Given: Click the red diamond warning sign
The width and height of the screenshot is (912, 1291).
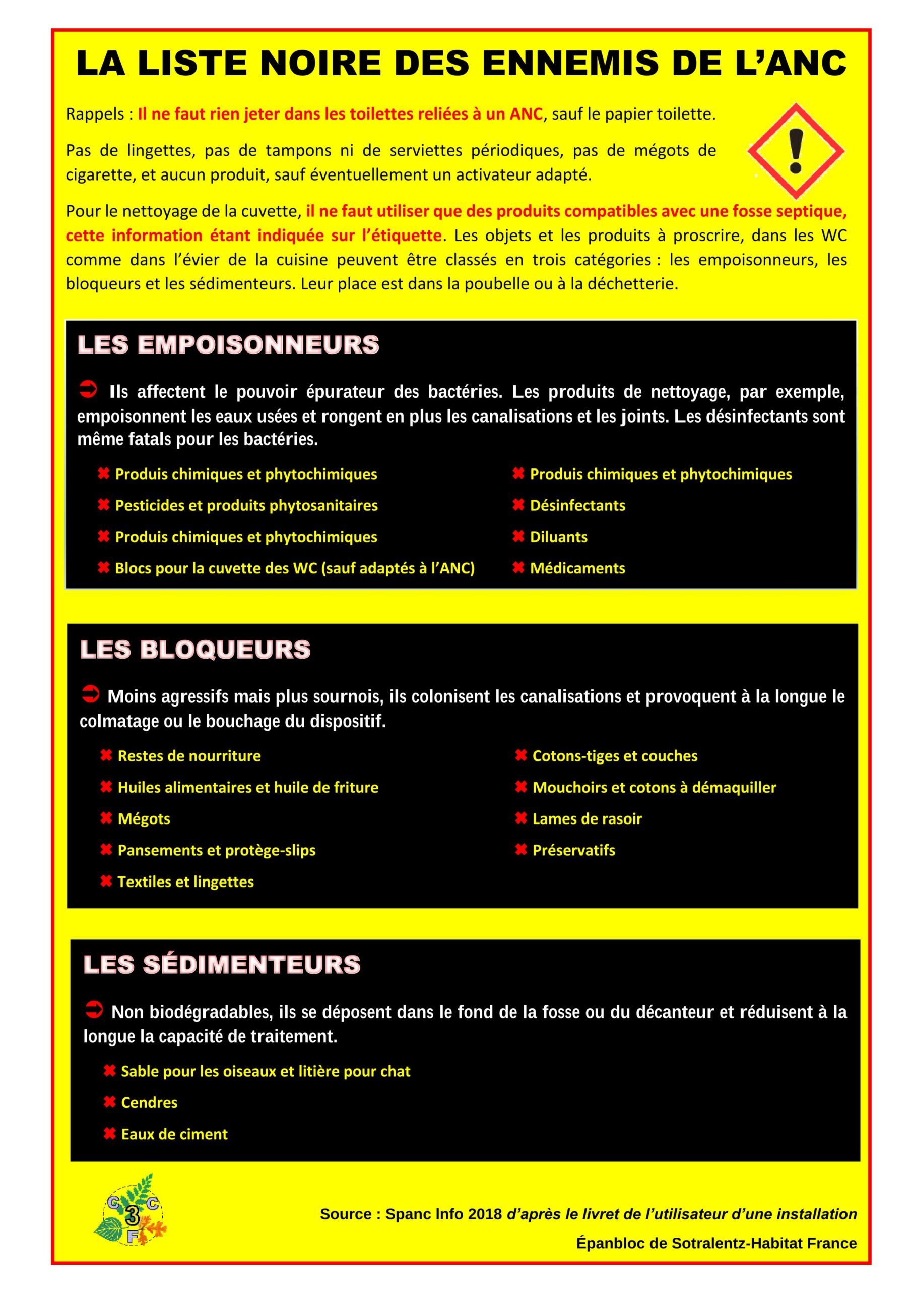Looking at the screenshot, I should tap(796, 151).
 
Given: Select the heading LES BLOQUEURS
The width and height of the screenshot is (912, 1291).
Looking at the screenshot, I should tap(195, 650).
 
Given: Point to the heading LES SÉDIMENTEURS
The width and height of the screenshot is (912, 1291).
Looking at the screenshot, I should tap(222, 964).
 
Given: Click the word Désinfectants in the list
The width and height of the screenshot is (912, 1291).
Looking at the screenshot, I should tap(577, 505).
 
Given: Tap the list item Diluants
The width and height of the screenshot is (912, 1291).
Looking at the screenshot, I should tap(559, 537).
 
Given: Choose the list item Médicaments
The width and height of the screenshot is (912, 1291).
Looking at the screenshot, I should tap(577, 568).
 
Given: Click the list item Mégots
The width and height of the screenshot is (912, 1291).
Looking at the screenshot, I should tap(144, 818).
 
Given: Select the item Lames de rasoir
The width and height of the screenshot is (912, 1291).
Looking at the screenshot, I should tap(587, 818).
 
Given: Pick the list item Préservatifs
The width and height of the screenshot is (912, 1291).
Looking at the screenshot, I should tap(573, 850).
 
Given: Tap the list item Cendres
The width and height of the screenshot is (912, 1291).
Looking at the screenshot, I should tap(149, 1102).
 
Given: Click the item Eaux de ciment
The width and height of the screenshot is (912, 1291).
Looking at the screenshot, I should tap(174, 1134).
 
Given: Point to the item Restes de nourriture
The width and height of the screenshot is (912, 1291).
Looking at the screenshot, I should tap(189, 756).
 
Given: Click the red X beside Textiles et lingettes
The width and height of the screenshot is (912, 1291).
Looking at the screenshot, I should tap(106, 881).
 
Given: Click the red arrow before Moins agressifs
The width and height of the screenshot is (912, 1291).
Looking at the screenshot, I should tap(90, 694).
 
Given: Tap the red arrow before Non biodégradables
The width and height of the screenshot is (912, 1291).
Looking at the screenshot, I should tap(94, 1009).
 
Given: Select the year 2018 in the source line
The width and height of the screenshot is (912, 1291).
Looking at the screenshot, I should tap(485, 1214).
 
